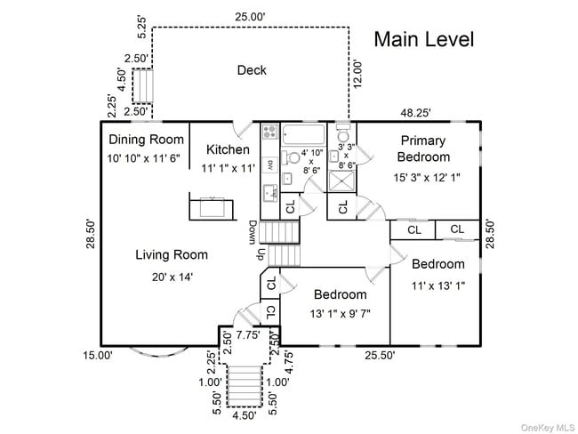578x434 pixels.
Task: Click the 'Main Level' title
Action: (x=424, y=39)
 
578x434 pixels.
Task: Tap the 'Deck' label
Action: (x=252, y=70)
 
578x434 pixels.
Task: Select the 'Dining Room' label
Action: (x=147, y=140)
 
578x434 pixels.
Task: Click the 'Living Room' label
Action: (x=172, y=254)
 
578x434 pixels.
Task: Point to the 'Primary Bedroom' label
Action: (x=423, y=149)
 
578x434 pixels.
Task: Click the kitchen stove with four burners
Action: (x=270, y=132)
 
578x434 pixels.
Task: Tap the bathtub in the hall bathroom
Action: (x=303, y=134)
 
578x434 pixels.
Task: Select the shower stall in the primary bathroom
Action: (x=341, y=181)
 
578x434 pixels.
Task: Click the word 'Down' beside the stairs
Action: (x=253, y=232)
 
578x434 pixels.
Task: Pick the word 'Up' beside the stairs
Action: (x=261, y=254)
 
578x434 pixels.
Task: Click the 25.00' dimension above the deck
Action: (x=250, y=17)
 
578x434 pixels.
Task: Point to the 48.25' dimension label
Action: (x=416, y=112)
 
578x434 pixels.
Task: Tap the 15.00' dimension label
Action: (x=97, y=356)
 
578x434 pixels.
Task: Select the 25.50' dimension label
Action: (x=380, y=355)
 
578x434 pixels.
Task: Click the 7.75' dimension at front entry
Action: (x=248, y=335)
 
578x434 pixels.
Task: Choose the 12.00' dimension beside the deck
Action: (x=357, y=74)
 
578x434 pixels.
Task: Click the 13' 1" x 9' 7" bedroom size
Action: (x=340, y=314)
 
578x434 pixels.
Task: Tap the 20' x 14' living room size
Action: (x=173, y=277)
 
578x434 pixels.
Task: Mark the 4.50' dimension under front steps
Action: (x=245, y=415)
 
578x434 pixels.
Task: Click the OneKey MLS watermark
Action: (x=548, y=428)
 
